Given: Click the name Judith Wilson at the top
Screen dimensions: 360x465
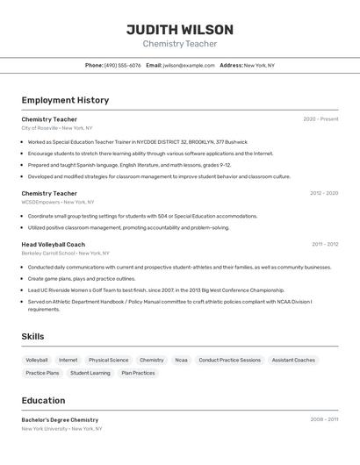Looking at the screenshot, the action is pyautogui.click(x=179, y=30).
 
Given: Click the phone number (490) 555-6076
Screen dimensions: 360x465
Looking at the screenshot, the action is pyautogui.click(x=122, y=65).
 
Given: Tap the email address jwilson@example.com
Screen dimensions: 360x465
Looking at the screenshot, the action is pyautogui.click(x=189, y=65).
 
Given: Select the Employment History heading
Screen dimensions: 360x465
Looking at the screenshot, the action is pyautogui.click(x=65, y=100).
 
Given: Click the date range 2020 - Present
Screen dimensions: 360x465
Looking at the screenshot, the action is pyautogui.click(x=320, y=119).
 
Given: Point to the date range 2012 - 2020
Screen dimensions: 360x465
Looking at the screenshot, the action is pyautogui.click(x=324, y=193).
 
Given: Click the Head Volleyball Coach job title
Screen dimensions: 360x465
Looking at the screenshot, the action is pyautogui.click(x=53, y=245).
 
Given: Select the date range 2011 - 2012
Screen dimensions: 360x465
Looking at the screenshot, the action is pyautogui.click(x=325, y=245).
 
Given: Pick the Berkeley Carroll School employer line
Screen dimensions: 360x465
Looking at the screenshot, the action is pyautogui.click(x=65, y=253).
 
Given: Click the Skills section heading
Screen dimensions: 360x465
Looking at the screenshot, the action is pyautogui.click(x=32, y=337).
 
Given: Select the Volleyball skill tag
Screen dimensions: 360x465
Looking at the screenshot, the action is pyautogui.click(x=37, y=360).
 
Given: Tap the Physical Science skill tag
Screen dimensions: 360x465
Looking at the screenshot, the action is pyautogui.click(x=108, y=360).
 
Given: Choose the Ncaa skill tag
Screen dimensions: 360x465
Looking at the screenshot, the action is pyautogui.click(x=181, y=360).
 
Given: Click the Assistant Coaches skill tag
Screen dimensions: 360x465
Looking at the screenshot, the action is pyautogui.click(x=293, y=360).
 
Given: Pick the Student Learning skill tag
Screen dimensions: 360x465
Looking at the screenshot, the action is pyautogui.click(x=90, y=373).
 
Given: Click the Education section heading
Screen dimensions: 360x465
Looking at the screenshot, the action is pyautogui.click(x=43, y=400).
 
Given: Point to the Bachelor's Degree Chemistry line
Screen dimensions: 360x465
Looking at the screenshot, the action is pyautogui.click(x=60, y=420).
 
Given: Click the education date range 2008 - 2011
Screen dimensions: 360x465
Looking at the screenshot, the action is pyautogui.click(x=324, y=419).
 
